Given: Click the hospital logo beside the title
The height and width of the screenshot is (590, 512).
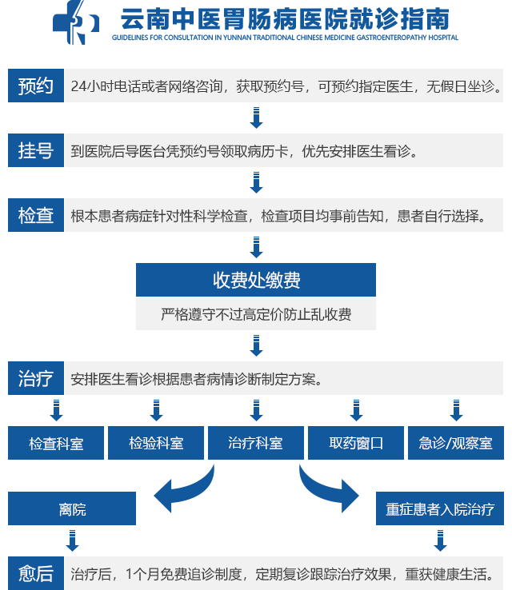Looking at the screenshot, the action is pos(76,22).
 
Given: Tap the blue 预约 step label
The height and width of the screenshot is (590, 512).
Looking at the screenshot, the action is pos(36,86).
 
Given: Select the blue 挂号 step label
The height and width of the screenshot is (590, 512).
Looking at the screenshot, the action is pos(36,150).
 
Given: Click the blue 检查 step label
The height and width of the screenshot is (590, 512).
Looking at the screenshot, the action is pos(36,215).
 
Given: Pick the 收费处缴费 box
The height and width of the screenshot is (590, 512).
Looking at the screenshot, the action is pos(256,280).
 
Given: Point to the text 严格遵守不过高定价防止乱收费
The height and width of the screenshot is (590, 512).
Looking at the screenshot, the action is pos(256,314).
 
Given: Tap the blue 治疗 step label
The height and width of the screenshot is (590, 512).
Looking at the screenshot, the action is pos(36,378).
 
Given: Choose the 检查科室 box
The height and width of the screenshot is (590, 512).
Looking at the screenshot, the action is pos(56,443).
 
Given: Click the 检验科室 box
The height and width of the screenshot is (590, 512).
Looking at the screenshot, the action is pos(156,443).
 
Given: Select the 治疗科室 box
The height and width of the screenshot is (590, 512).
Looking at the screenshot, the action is pos(256,443).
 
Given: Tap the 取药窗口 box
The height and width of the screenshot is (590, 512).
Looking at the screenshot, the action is pos(356,443).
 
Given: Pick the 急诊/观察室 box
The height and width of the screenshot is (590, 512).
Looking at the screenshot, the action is pos(456,443).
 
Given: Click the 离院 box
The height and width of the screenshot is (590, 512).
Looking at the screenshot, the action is pos(72,508).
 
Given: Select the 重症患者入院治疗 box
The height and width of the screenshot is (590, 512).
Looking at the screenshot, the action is pos(440,508).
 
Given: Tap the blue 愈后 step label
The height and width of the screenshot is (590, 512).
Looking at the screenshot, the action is pos(36,573).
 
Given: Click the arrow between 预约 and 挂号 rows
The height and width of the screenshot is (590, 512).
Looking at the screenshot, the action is pos(256,118).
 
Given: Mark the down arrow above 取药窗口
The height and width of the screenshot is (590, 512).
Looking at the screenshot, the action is pos(356,410).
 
